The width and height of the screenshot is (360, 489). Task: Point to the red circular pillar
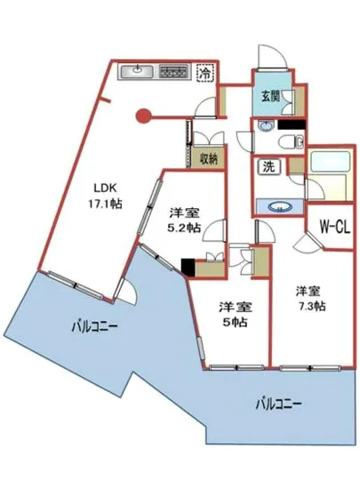click(142, 114)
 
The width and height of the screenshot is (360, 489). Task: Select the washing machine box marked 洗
click(267, 166)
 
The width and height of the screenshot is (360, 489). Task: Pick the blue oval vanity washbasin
click(281, 206)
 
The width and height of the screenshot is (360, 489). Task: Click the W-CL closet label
click(333, 227)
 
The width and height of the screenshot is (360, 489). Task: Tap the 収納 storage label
click(208, 160)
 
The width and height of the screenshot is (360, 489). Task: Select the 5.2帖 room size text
click(183, 228)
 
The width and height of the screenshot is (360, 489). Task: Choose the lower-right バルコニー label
click(278, 402)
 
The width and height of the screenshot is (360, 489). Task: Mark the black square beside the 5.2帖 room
click(188, 265)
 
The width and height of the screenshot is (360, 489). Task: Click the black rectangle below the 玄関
click(294, 126)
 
